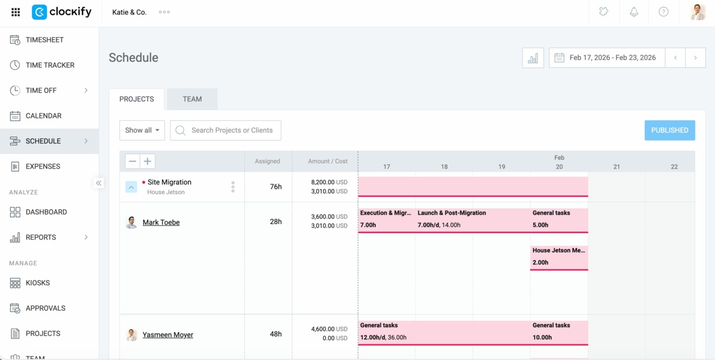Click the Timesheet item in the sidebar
coord(44,40)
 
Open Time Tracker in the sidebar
coord(49,65)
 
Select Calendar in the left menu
coord(43,116)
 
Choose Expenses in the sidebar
coord(42,166)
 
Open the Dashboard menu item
coord(46,212)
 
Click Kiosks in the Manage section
coord(38,283)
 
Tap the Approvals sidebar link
coord(45,308)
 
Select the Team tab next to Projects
coord(192,99)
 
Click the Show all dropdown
coord(142,130)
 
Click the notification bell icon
coord(633,12)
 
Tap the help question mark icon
coord(663,12)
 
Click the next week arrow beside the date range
coord(695,58)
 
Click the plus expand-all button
coord(147,161)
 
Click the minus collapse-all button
coord(132,161)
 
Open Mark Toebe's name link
coord(161,222)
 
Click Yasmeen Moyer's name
coord(167,335)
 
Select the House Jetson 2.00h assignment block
coord(558,257)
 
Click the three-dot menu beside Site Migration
coord(233,187)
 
